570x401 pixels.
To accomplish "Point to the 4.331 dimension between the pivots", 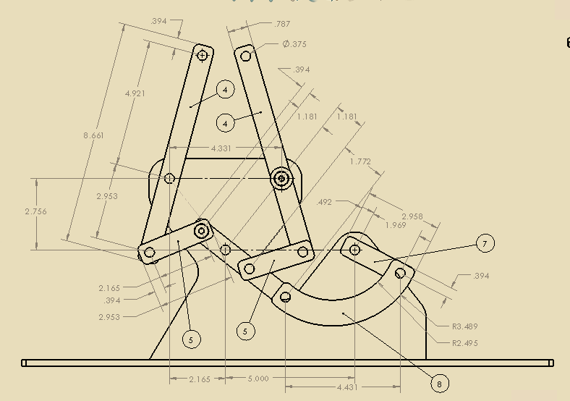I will pos(221,148).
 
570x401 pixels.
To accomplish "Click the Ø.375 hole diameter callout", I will pos(294,44).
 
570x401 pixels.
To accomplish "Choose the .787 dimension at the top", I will pos(282,24).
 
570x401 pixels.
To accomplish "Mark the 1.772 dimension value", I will pos(360,161).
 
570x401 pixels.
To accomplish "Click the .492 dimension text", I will pos(325,203).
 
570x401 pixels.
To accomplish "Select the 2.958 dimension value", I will pos(412,216).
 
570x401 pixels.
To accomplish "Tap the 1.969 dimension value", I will pos(395,225).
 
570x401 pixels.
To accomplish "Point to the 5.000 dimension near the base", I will pos(258,379).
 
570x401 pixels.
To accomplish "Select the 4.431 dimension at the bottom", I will pos(347,387).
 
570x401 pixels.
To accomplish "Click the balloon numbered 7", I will pos(485,244).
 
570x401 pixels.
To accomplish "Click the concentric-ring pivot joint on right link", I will pos(281,178).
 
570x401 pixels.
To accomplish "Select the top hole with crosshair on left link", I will pos(203,55).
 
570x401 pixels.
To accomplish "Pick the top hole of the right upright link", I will pos(247,56).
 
